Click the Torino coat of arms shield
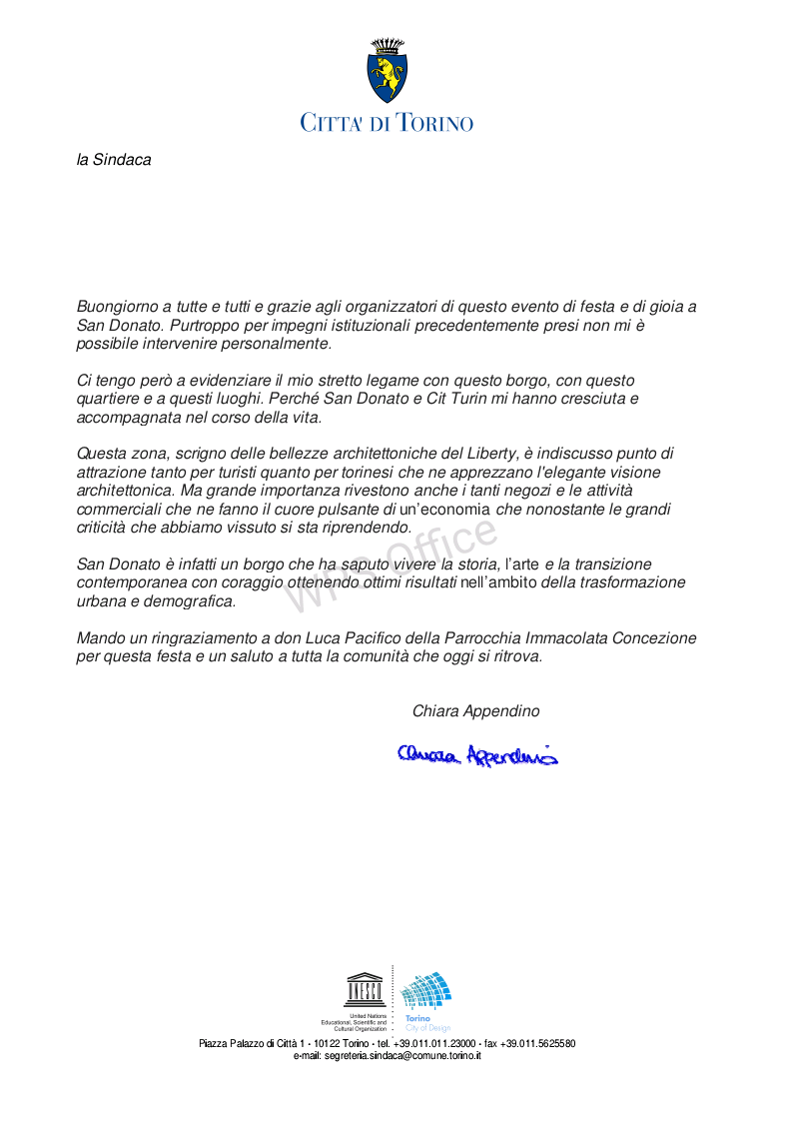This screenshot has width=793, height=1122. [388, 79]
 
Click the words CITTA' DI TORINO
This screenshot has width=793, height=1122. [388, 123]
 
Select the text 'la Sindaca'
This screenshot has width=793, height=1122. [114, 160]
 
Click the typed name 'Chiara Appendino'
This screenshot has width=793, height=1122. [475, 711]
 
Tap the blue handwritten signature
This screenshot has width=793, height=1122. [477, 755]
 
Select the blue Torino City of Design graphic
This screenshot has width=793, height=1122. [426, 991]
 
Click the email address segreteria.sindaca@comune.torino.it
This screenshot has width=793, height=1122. [388, 1055]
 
